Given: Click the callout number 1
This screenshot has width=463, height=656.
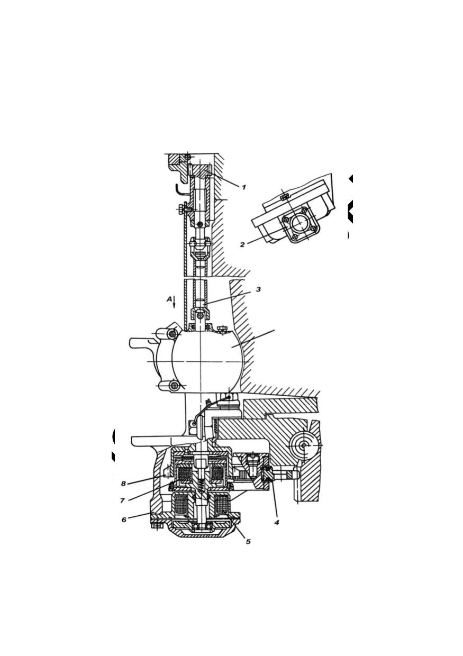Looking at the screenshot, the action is pos(243,187).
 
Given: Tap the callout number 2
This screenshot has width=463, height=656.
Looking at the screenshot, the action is pos(242,244).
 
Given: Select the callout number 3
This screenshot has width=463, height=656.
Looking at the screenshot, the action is pos(258,289).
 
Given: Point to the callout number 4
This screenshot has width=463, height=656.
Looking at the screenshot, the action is pos(276,522).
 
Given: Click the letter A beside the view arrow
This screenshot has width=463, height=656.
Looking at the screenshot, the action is pos(169,299).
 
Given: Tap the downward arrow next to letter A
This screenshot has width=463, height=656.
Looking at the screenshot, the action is pos(174,302).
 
